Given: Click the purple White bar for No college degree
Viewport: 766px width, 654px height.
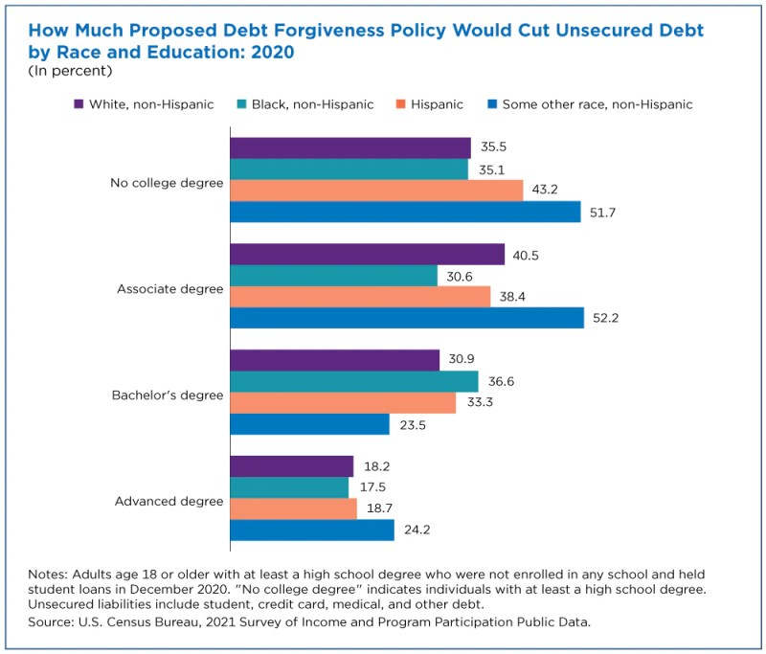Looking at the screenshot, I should pyautogui.click(x=350, y=147).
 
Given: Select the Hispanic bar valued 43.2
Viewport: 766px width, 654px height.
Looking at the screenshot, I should pyautogui.click(x=376, y=190).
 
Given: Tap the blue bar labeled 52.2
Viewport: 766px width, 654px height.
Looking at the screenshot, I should pyautogui.click(x=407, y=317).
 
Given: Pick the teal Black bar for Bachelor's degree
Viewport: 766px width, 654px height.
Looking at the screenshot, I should pyautogui.click(x=354, y=381).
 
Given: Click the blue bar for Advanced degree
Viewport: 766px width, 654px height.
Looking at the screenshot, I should pyautogui.click(x=312, y=530).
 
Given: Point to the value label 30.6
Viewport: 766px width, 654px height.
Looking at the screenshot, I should pyautogui.click(x=460, y=275).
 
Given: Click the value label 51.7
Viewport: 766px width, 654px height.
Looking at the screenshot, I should pyautogui.click(x=603, y=212).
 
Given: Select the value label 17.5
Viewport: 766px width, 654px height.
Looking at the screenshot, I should pyautogui.click(x=372, y=487).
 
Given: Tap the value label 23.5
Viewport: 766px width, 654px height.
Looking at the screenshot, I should pyautogui.click(x=413, y=424).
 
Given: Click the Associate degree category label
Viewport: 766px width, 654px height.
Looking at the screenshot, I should pyautogui.click(x=169, y=288).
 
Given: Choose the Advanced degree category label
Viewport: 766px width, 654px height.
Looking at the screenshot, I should pyautogui.click(x=169, y=501).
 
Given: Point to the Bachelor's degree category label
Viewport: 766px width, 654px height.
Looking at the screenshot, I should pyautogui.click(x=168, y=395).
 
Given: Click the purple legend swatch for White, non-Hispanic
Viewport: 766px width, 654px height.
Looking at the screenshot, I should pyautogui.click(x=79, y=103).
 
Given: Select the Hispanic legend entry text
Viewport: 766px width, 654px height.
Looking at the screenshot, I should pyautogui.click(x=437, y=103).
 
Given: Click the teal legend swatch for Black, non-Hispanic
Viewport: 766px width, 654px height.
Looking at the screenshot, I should pyautogui.click(x=242, y=103).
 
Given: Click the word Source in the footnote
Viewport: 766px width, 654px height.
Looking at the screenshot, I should pyautogui.click(x=51, y=621).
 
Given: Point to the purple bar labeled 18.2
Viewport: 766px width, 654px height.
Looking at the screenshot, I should pyautogui.click(x=292, y=466).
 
